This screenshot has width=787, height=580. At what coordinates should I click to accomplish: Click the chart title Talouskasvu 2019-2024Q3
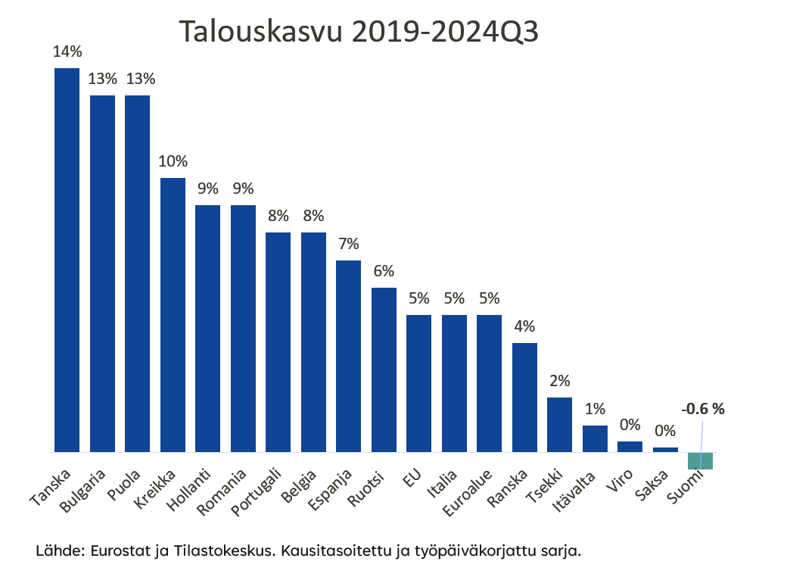pos(358,33)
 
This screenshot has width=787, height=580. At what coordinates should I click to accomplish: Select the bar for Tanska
pos(67,260)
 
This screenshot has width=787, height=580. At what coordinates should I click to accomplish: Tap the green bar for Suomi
pos(700,460)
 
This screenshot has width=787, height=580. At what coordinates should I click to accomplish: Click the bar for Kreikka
pos(173,314)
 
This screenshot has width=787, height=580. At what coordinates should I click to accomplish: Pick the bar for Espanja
pos(348,356)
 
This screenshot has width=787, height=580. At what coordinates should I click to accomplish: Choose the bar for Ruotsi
pos(384,370)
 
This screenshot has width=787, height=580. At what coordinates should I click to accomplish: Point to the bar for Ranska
pos(524,398)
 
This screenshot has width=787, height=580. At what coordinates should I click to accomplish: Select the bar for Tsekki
pos(559,424)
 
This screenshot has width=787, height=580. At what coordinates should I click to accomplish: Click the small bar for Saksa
pos(665,449)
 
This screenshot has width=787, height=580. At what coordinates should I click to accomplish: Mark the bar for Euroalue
pos(489,383)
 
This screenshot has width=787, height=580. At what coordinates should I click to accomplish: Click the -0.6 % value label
pos(702,409)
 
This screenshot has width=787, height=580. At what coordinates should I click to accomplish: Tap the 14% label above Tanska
pos(67,52)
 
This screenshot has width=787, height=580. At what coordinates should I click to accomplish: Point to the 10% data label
pos(173,161)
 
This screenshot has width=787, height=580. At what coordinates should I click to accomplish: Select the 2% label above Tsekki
pos(560,381)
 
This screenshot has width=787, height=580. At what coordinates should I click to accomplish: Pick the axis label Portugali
pos(257,492)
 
